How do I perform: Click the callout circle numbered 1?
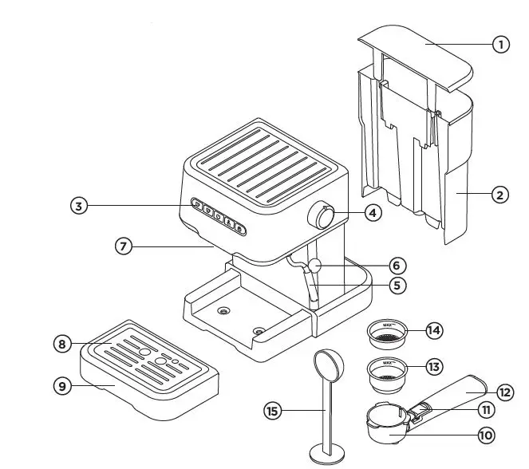point(501,44)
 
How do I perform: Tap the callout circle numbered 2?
point(499,195)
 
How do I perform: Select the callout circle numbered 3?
point(79,206)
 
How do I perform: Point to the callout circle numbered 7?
point(124,246)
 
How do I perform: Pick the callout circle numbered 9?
point(62,386)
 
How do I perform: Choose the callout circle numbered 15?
point(272,411)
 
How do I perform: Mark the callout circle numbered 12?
point(505,392)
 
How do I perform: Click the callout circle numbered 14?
point(434,330)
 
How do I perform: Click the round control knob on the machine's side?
point(321,216)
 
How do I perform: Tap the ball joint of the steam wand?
point(315,266)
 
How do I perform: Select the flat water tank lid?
point(416,58)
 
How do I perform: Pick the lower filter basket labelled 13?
point(387,374)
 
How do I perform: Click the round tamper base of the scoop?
point(327,454)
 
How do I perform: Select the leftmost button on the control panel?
point(197,204)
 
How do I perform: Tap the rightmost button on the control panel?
point(239,229)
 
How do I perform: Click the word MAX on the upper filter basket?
point(387,325)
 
